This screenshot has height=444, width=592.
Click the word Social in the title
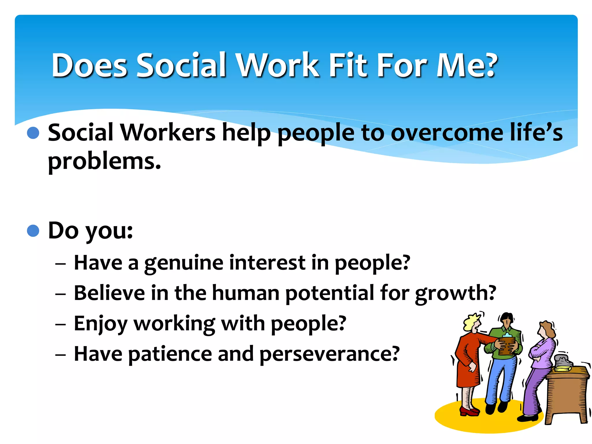182,65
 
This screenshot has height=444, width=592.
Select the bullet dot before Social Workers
33,133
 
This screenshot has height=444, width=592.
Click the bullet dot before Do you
33,231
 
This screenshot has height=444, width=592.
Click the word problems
104,162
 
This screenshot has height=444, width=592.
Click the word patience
170,354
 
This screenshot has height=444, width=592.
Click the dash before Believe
61,294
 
